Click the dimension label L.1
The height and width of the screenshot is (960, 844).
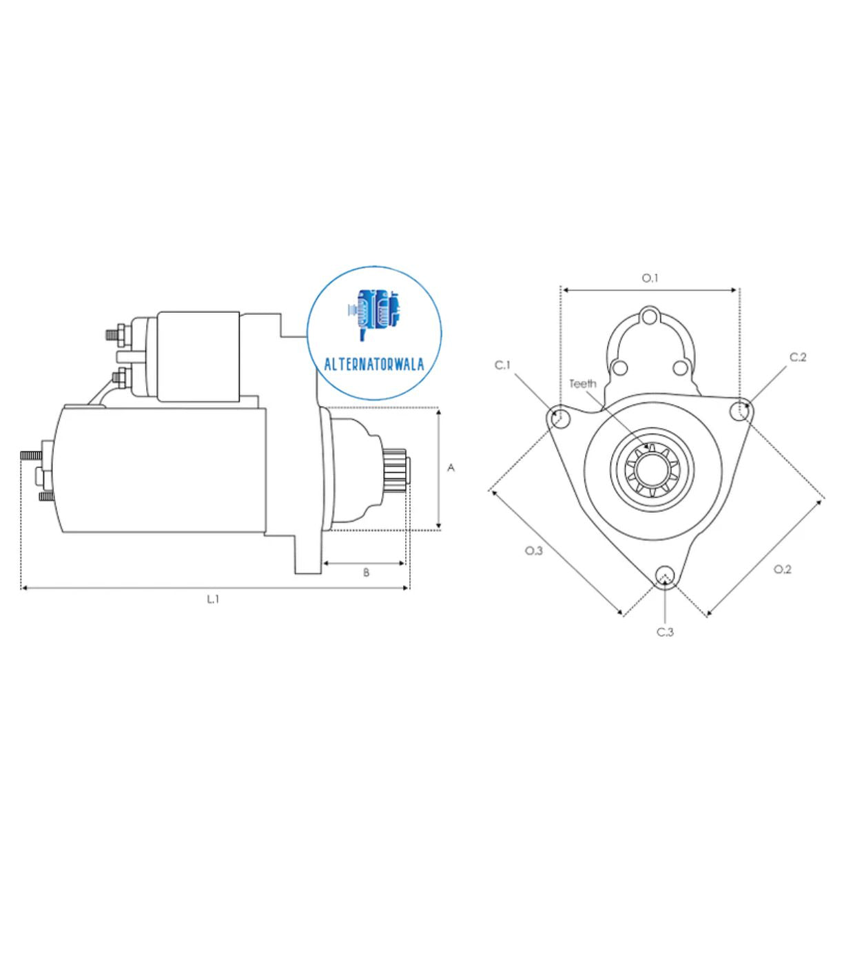coord(214,600)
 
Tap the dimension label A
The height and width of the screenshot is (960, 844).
coord(451,468)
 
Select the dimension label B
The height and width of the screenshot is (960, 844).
coord(366,573)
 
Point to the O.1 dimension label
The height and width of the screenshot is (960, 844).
coord(650,278)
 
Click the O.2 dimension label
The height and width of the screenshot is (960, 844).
coord(782,569)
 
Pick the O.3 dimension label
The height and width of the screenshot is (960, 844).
coord(534,551)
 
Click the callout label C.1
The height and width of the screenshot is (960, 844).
coord(503,365)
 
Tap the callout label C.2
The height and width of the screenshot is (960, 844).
coord(798,357)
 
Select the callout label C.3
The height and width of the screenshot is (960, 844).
coord(665,632)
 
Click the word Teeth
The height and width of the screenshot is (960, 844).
coord(583,384)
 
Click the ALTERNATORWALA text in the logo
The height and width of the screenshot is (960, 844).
coord(374,365)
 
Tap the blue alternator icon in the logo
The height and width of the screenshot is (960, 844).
coord(374,313)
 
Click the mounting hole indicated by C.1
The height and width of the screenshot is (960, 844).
coord(561,417)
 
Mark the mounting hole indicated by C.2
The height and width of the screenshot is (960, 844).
coord(740,409)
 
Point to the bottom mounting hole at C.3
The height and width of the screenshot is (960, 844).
coord(665,575)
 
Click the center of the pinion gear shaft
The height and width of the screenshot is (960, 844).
coord(651,470)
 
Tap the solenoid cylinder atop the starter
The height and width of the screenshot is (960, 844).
coord(198,356)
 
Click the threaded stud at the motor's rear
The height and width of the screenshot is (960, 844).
coord(30,456)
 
